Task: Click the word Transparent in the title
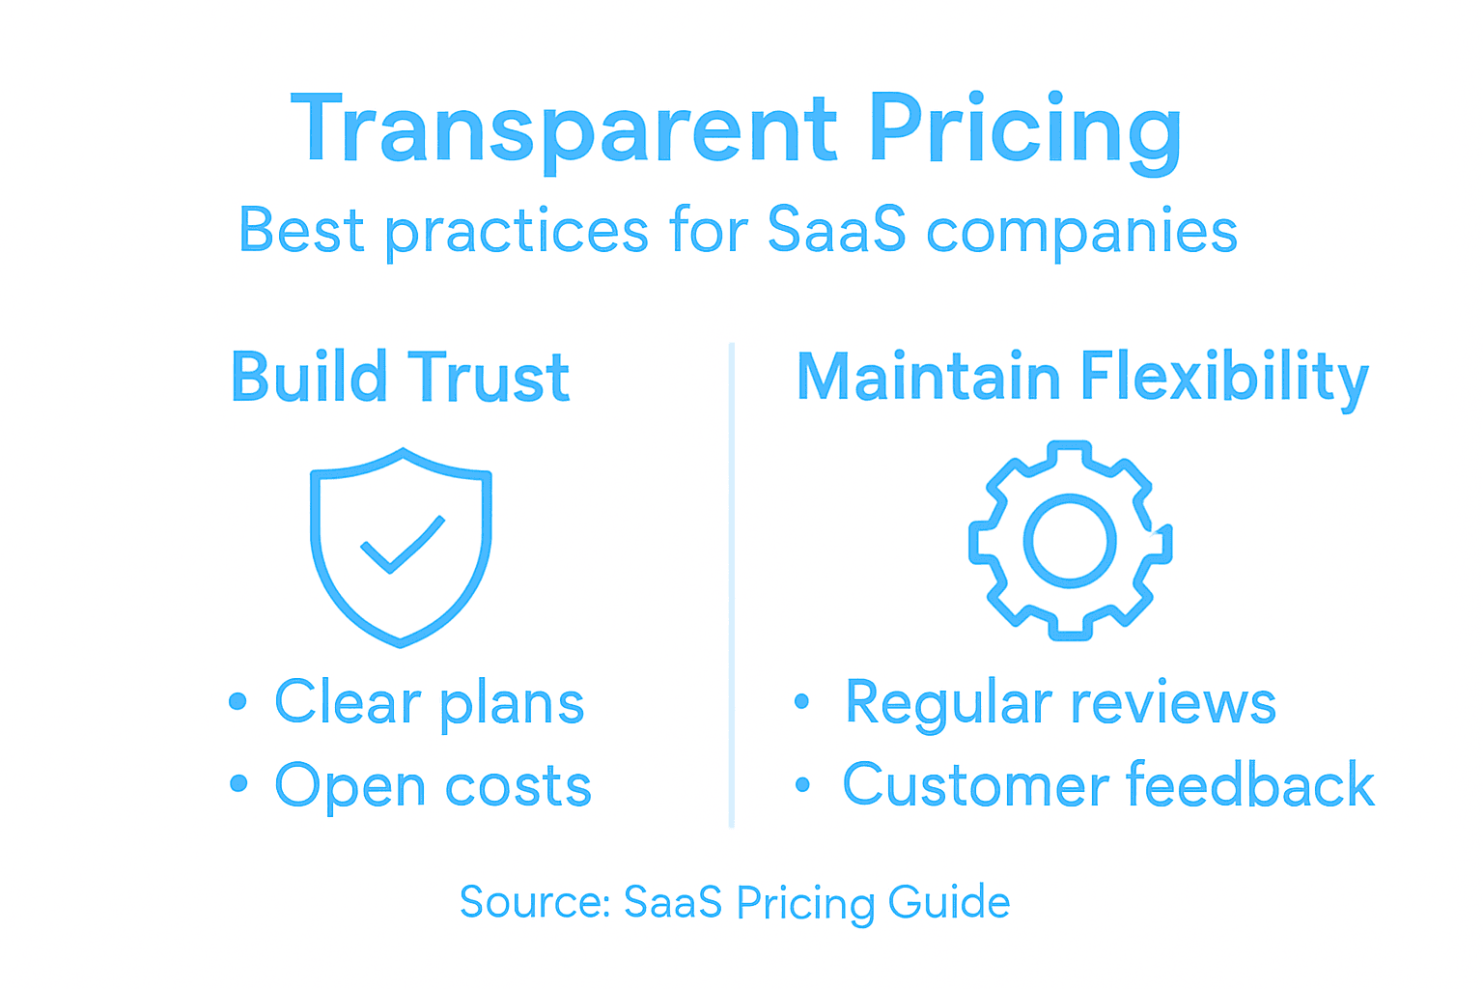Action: pos(564,129)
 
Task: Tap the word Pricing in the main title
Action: pos(1024,129)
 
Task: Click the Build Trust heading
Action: pos(400,377)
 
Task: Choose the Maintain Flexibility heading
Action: pos(1081,377)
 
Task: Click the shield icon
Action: pos(401,547)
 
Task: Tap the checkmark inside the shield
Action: pos(402,545)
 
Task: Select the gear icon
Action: pos(1070,541)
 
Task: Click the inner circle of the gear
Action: pos(1070,541)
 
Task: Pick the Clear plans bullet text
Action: pos(429,702)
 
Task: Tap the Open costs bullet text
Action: pos(433,785)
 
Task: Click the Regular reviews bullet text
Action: pos(1060,702)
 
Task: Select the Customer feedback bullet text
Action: pos(1108,784)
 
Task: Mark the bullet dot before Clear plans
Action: pos(238,701)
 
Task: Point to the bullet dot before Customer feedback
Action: pos(802,784)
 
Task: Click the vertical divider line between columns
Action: pos(732,584)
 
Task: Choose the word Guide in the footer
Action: pos(949,902)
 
